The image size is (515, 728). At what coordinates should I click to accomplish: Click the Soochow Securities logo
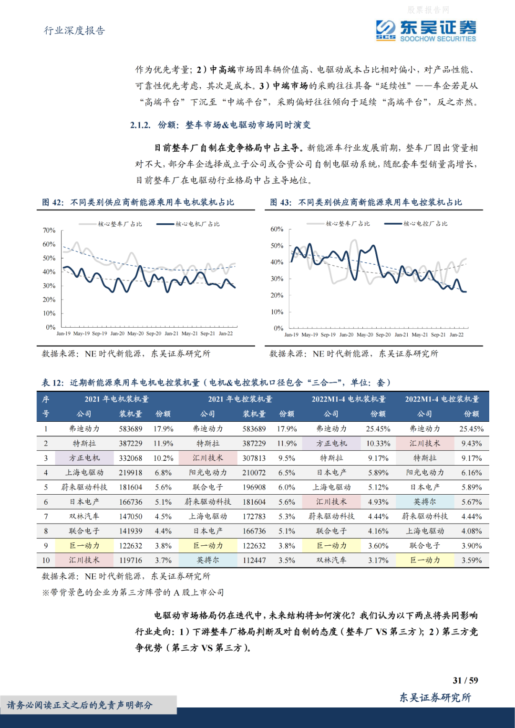coord(425,31)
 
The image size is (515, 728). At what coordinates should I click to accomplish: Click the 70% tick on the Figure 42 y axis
coord(49,230)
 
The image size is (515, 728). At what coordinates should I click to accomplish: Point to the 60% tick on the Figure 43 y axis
coord(277,229)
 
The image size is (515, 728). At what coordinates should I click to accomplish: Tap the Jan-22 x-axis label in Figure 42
coord(226,333)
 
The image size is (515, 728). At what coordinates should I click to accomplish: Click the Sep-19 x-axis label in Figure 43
coord(328,334)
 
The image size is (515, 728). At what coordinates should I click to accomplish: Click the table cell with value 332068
coord(131,458)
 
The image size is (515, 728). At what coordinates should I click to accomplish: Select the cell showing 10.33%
coord(378,443)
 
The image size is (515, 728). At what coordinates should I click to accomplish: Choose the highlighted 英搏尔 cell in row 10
coord(208,560)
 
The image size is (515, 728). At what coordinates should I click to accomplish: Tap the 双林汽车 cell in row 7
coord(84,516)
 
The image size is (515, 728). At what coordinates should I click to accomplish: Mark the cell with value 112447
coord(254,560)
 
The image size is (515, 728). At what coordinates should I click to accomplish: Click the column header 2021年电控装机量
coord(240,399)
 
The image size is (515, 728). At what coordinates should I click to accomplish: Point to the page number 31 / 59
coord(465,680)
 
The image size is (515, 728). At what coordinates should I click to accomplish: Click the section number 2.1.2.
coord(140,125)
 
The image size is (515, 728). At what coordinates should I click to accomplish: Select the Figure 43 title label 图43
coord(280,202)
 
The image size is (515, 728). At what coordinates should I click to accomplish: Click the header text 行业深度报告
coord(74,31)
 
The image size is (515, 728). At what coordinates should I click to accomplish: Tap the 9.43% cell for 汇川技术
coord(471,443)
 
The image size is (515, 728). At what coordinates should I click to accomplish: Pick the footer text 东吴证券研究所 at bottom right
coord(435,697)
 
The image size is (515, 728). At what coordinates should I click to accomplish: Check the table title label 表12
coord(52,383)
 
